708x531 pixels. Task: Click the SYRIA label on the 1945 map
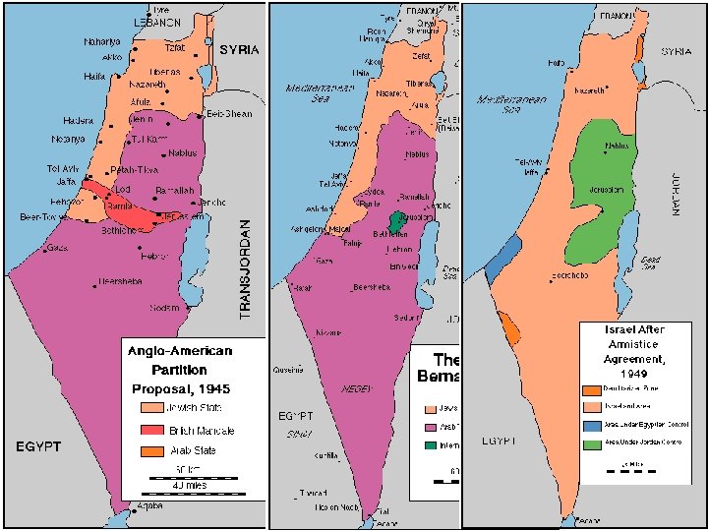239,49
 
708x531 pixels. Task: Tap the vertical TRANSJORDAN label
246,267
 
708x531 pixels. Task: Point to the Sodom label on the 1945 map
164,308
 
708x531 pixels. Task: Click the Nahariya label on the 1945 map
103,42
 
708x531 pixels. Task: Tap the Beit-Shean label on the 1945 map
228,114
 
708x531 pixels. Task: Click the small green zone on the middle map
397,222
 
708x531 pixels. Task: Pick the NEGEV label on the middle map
356,388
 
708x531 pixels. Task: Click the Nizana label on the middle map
327,333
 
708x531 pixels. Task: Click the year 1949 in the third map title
632,374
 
